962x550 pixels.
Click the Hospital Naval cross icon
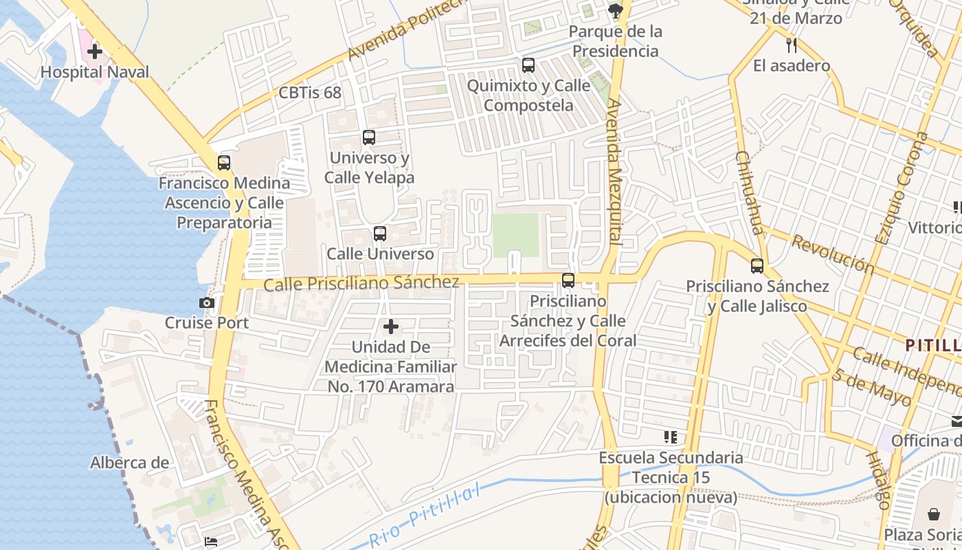(x=95, y=52)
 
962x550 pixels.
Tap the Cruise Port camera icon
(x=206, y=302)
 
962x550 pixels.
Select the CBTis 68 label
(x=310, y=93)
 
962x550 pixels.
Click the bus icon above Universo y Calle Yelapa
(x=369, y=137)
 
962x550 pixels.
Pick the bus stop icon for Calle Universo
(x=380, y=234)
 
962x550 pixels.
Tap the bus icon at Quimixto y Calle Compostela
(x=528, y=65)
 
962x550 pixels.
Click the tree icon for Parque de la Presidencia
(x=616, y=10)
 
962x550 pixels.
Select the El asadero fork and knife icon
(x=792, y=45)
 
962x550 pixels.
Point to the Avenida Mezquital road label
(x=614, y=172)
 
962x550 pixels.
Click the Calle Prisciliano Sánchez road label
(x=361, y=283)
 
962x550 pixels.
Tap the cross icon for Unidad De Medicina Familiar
(x=391, y=327)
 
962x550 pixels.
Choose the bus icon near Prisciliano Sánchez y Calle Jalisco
(x=757, y=265)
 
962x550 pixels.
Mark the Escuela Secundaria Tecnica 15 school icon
(x=671, y=437)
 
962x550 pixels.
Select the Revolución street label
(x=831, y=254)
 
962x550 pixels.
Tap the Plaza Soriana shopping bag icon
(x=934, y=514)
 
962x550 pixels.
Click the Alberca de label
(x=129, y=463)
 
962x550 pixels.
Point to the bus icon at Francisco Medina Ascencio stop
(x=224, y=163)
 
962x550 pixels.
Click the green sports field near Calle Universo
(x=516, y=235)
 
